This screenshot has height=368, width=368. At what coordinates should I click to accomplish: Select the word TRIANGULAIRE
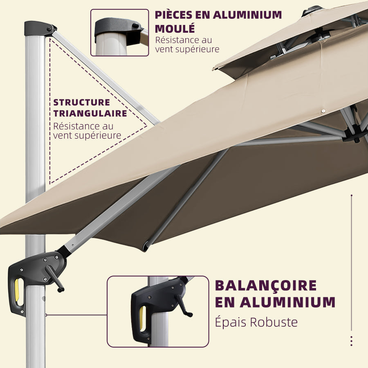coord(90,113)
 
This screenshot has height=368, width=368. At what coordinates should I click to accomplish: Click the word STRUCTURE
coord(81,102)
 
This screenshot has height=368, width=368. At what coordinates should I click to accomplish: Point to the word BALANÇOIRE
coord(266,285)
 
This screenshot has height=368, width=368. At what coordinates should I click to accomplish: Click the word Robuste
coord(274,322)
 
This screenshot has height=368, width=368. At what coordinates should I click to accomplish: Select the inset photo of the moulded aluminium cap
coord(119,33)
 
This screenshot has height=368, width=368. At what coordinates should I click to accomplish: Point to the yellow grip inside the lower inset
coord(142,318)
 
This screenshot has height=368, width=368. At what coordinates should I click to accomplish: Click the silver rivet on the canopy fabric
coord(323,111)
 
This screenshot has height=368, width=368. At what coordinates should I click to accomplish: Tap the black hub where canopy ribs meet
coord(354,133)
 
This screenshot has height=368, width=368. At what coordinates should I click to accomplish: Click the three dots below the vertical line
coord(351,341)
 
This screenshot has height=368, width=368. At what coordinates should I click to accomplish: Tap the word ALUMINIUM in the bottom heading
coord(287,303)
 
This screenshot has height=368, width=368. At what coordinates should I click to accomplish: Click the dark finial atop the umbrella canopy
coord(313,10)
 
